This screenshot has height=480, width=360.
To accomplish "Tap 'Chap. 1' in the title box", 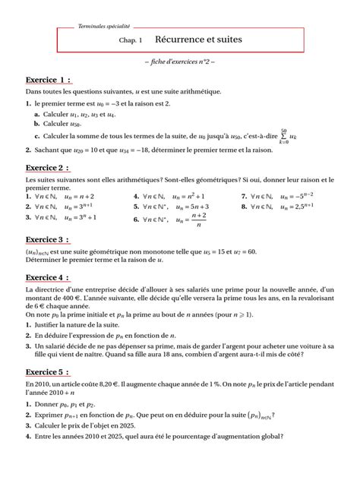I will tap(131, 38).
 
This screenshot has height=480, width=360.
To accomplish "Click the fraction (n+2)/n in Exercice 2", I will tap(200, 219).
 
